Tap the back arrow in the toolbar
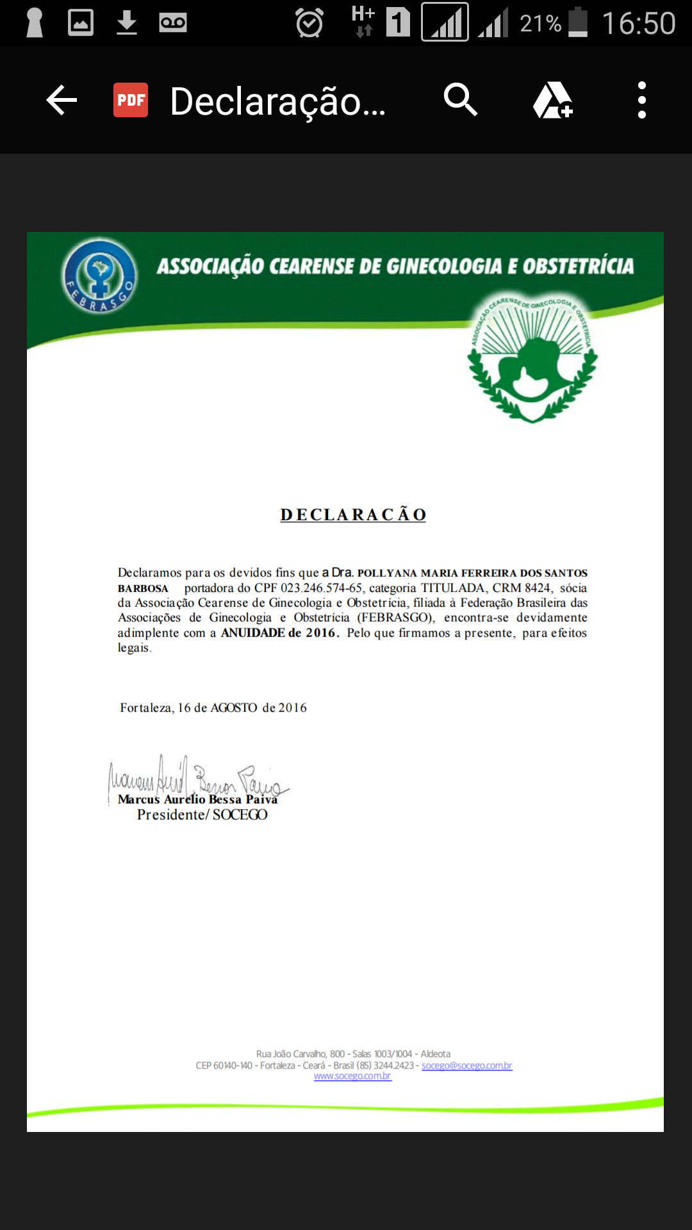coord(62,100)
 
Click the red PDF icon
coord(131,100)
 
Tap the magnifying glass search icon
coord(460,100)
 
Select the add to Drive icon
coord(552,100)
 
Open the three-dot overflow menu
coord(641,100)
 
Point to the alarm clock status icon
coord(309,23)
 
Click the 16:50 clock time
coord(638,24)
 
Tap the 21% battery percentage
coord(540,24)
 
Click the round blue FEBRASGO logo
coord(99,276)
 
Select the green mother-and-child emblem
coord(532,359)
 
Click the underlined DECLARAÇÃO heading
coord(353,514)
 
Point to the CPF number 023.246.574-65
coord(321,588)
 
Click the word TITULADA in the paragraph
coord(452,588)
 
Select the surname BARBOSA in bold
coord(143,589)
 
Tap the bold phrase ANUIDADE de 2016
coord(279,633)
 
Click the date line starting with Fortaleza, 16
coord(213,708)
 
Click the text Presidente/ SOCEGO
coord(202,815)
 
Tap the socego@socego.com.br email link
coord(466,1065)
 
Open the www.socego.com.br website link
coord(352,1076)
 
